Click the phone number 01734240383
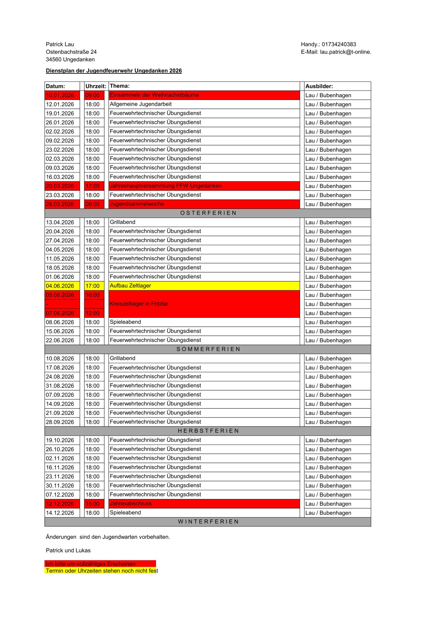click(339, 44)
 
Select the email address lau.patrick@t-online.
click(345, 52)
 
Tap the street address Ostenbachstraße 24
click(71, 52)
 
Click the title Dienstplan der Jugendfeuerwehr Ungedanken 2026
click(114, 71)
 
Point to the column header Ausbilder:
click(319, 86)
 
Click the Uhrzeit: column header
click(96, 86)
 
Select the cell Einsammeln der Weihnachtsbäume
click(154, 95)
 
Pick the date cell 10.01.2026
click(60, 95)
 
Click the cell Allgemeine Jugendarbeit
click(141, 104)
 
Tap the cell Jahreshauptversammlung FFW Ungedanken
click(166, 186)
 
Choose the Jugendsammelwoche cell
click(137, 204)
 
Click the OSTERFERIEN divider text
click(208, 213)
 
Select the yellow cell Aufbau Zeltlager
click(130, 286)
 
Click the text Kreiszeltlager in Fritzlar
click(139, 304)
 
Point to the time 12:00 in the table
click(93, 313)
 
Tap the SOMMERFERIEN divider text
click(208, 349)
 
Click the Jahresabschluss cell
click(131, 504)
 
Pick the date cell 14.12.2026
click(60, 513)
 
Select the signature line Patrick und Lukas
click(68, 551)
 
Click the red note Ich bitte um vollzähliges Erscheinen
click(90, 564)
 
